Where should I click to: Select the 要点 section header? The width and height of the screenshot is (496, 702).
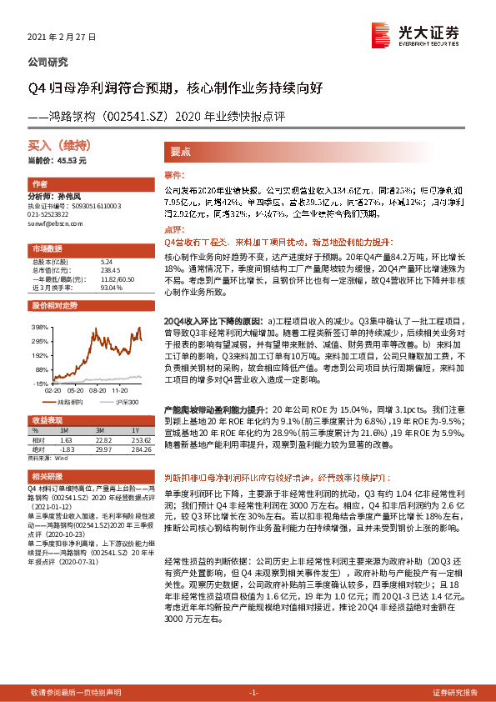coord(181,153)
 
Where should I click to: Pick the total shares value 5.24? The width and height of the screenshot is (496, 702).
coord(105,262)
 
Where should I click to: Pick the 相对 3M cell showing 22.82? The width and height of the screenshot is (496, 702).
coord(103,439)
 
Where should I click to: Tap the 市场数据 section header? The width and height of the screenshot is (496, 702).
coord(48,248)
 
